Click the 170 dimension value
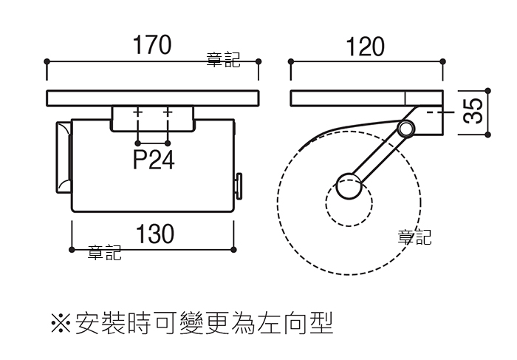click(152, 44)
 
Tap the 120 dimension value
click(365, 47)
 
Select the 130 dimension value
click(155, 234)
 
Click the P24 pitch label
click(154, 160)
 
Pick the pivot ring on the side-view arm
click(406, 129)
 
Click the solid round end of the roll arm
click(349, 186)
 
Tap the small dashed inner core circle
click(349, 203)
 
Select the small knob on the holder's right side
click(239, 186)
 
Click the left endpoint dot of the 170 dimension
click(47, 61)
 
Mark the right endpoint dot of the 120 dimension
click(443, 61)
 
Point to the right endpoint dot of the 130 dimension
click(233, 249)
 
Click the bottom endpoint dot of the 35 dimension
click(488, 135)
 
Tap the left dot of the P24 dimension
click(138, 143)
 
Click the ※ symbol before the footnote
click(61, 323)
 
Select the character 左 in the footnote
click(270, 323)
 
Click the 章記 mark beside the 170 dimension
click(223, 60)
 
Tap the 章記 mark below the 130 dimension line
click(105, 252)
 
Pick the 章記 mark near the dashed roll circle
click(414, 237)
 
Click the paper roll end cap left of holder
click(64, 157)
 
